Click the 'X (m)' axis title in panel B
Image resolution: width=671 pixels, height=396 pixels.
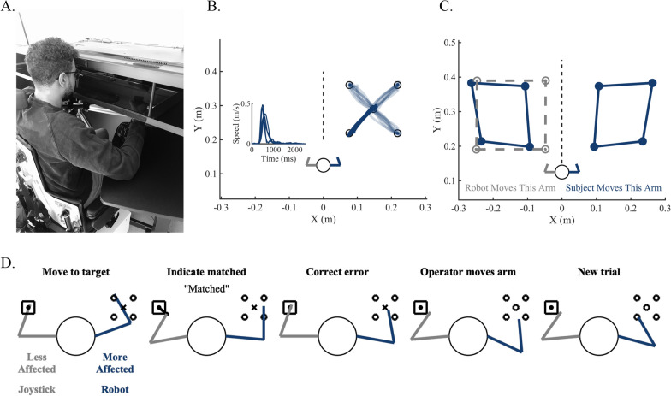pos(323,220)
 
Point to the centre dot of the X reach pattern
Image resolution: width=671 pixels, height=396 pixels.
pos(372,109)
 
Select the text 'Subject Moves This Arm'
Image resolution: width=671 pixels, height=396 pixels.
pos(617,185)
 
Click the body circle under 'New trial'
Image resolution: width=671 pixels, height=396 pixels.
pos(603,337)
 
